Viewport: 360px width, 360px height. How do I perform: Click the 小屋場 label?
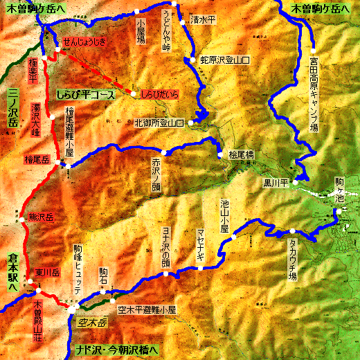tap(141, 31)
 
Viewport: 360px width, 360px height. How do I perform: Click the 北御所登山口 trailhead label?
tap(159, 123)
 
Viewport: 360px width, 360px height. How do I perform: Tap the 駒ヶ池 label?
tap(339, 190)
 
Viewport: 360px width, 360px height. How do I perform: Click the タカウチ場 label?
tap(292, 256)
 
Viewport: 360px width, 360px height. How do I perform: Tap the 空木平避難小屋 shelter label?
tap(147, 309)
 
